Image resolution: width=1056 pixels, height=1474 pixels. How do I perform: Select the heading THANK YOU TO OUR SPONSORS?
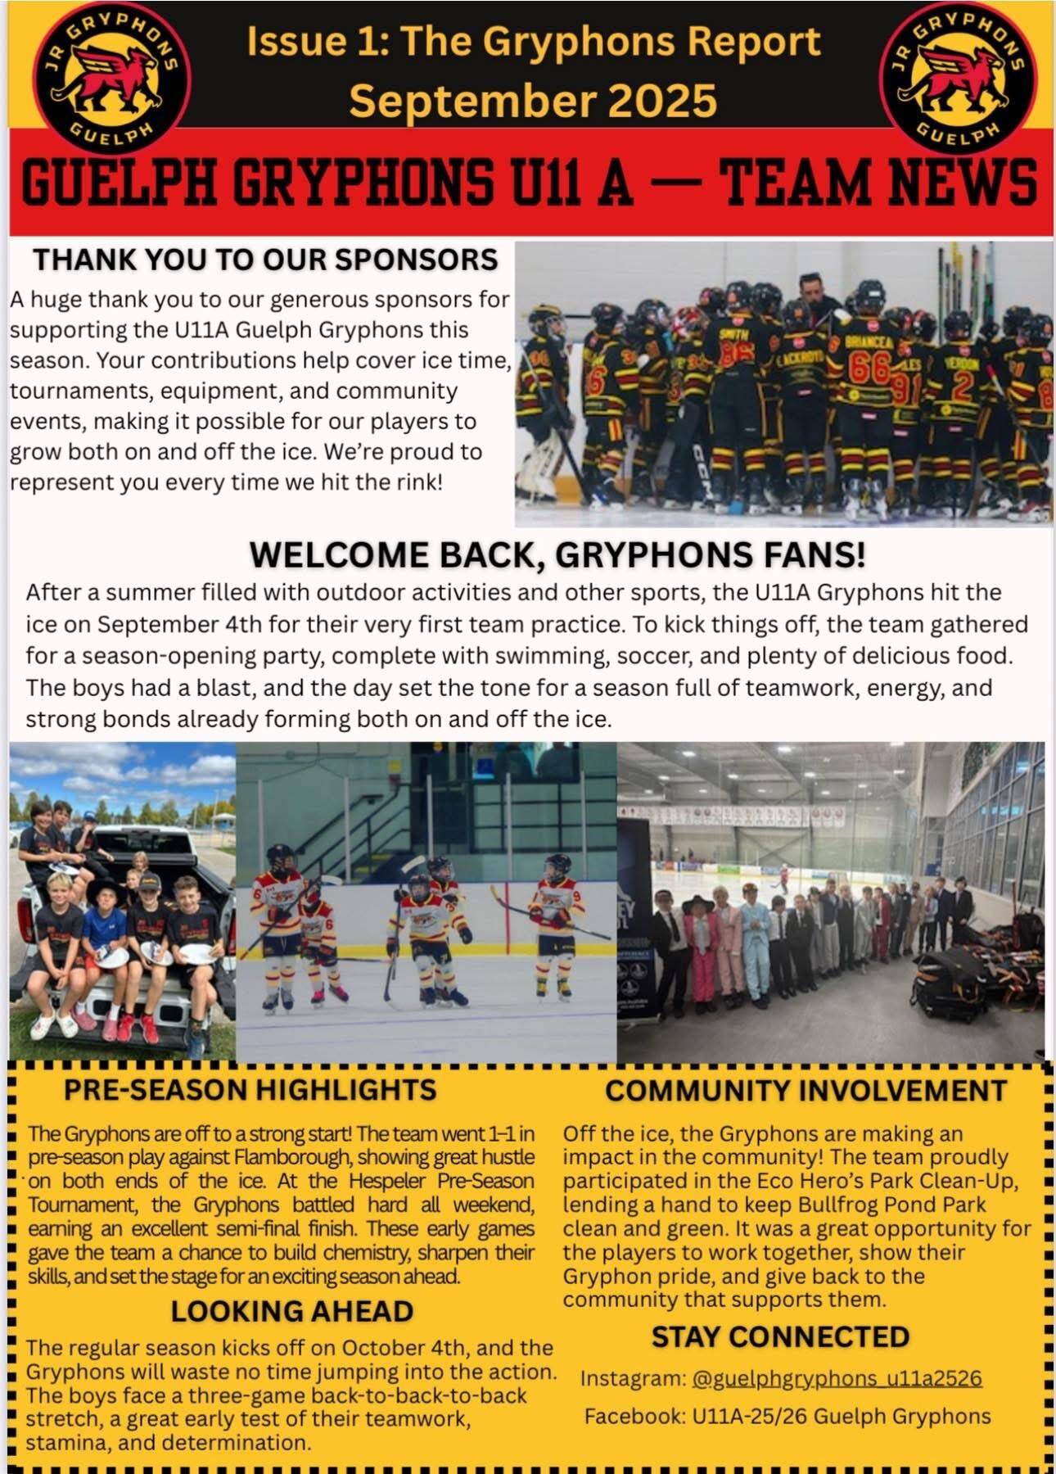(265, 260)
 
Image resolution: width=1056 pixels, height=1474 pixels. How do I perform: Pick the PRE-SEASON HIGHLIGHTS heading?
(250, 1090)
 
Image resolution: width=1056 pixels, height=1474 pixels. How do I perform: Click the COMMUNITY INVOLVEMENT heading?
(806, 1091)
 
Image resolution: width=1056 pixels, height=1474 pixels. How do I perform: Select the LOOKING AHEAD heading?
(291, 1311)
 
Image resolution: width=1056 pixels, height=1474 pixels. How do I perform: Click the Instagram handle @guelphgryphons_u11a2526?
(837, 1378)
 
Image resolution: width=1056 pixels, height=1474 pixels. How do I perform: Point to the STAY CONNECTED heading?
(780, 1336)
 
